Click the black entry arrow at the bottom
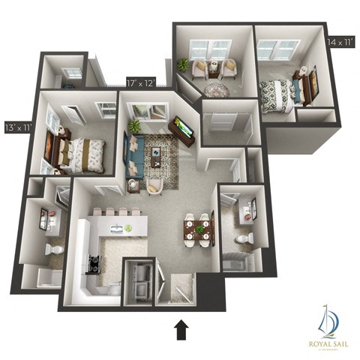tap(180, 329)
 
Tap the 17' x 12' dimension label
tap(141, 83)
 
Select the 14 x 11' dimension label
tap(341, 43)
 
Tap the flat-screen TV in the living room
tap(184, 128)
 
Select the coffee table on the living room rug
tap(157, 154)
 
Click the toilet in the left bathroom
tap(52, 248)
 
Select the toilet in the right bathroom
tap(242, 240)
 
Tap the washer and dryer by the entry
tap(139, 279)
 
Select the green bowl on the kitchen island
tap(128, 227)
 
